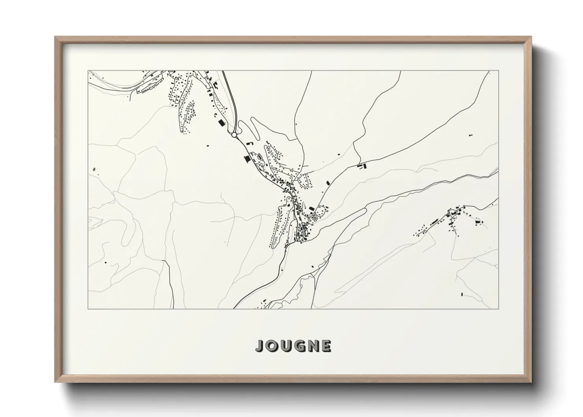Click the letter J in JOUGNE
coord(260,346)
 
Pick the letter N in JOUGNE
coord(312,346)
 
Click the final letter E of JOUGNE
coord(325,346)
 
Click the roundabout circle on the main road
coord(234,135)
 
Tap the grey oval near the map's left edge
coord(94,170)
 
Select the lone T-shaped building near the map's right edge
coord(471,136)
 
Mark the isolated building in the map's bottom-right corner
coord(461,294)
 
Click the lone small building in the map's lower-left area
coord(105,262)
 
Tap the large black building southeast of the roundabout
coord(247,159)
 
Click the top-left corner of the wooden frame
coord(56,37)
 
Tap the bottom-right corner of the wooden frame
coord(531,382)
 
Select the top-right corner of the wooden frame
coord(531,37)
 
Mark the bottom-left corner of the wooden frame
coord(56,382)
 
